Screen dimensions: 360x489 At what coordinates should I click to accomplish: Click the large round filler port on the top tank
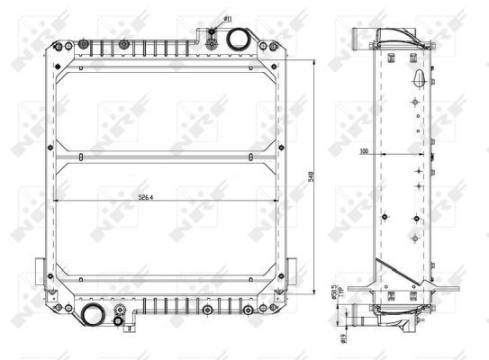coord(239,40)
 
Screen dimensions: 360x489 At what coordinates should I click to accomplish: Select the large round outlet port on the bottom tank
coord(93,314)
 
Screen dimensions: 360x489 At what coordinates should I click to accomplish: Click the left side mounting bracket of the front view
coord(40,269)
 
